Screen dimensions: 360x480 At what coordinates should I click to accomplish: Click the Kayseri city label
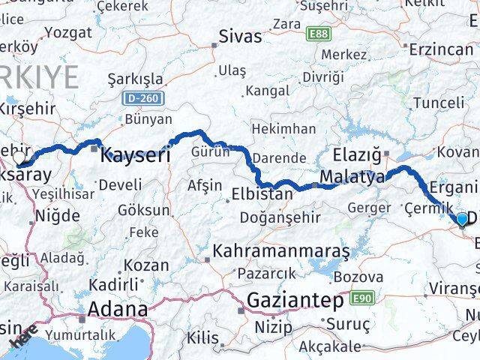click(x=135, y=156)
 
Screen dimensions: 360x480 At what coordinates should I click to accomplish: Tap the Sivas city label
click(x=240, y=36)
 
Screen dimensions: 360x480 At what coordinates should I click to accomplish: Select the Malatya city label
click(x=352, y=178)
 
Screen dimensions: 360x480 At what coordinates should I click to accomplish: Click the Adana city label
click(x=118, y=309)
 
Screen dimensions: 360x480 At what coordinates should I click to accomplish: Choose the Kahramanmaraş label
click(x=281, y=251)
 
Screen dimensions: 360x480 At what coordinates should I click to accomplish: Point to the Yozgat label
click(x=68, y=32)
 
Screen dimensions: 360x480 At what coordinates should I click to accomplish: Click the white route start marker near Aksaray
click(x=20, y=158)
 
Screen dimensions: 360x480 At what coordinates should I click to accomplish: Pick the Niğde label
click(x=58, y=216)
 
